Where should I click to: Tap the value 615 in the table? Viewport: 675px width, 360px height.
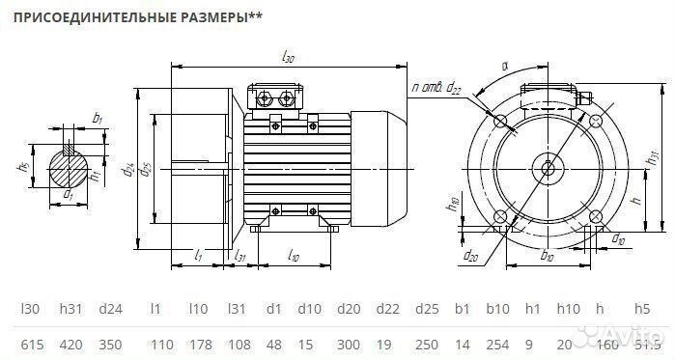pos(31,344)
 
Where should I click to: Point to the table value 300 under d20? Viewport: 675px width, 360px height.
pos(348,344)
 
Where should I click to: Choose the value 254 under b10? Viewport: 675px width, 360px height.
pos(497,344)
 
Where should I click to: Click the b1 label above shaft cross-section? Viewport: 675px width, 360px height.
pos(97,118)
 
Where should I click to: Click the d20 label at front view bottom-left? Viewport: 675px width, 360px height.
pos(471,256)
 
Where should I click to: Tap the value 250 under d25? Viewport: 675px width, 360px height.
pos(426,344)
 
